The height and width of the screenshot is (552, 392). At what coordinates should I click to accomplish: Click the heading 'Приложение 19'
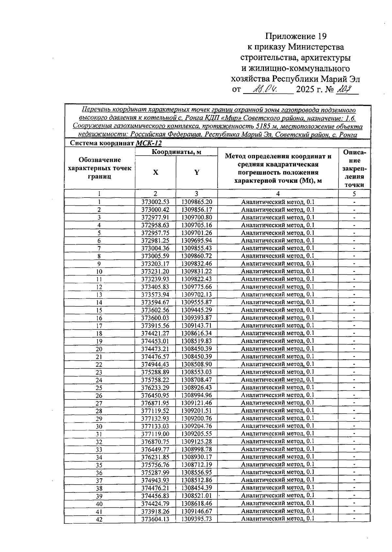click(296, 36)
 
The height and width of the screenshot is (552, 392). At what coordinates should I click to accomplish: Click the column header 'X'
click(155, 172)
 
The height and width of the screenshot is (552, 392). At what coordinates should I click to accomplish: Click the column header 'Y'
click(197, 172)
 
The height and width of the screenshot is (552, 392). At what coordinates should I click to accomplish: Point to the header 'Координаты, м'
click(176, 152)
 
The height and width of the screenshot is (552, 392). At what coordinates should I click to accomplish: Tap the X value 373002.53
click(155, 202)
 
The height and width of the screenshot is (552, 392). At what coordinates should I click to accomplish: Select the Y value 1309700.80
click(197, 217)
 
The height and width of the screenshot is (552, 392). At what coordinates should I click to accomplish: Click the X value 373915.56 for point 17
click(155, 326)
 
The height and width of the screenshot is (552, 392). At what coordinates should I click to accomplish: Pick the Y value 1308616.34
click(197, 333)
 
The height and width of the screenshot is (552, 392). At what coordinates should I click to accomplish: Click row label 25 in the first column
click(99, 388)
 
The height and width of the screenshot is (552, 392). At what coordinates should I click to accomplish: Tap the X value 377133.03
click(155, 426)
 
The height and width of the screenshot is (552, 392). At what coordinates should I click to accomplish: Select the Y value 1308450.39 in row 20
click(197, 349)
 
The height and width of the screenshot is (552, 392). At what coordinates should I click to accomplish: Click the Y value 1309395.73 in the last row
click(197, 519)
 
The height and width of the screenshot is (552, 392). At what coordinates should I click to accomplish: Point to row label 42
click(99, 520)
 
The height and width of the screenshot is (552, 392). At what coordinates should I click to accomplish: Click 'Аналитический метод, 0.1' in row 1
click(278, 202)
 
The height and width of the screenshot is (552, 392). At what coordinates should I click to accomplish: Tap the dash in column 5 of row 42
click(354, 519)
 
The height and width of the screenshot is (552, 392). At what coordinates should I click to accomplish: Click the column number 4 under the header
click(278, 194)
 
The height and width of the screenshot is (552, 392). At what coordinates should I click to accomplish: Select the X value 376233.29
click(155, 388)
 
